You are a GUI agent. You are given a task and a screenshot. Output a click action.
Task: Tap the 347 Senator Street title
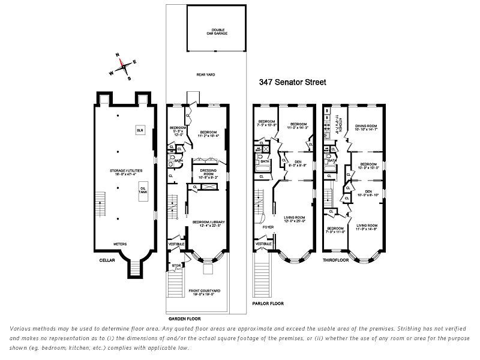(x=292, y=82)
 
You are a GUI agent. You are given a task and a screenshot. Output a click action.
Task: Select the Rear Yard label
(x=206, y=74)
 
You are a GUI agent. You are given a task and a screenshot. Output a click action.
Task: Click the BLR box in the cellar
(x=140, y=130)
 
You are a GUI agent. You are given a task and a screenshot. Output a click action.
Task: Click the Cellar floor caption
(x=109, y=262)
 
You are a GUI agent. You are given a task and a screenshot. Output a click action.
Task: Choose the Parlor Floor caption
(x=269, y=304)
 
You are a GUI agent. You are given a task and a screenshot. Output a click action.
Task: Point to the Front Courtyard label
(x=206, y=292)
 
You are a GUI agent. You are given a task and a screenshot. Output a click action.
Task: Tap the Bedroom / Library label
(x=208, y=224)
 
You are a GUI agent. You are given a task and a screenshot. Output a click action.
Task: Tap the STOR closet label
(x=176, y=265)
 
